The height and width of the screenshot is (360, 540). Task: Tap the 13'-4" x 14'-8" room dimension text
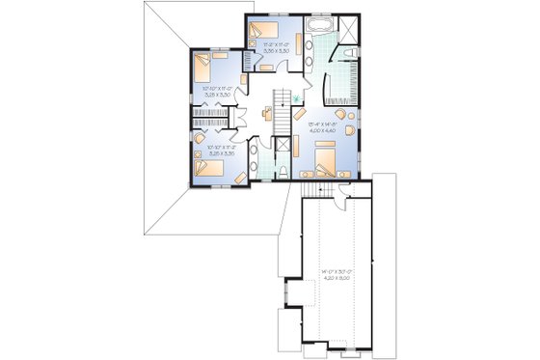tap(323, 122)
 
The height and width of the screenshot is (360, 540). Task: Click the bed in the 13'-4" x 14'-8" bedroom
tap(325, 153)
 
